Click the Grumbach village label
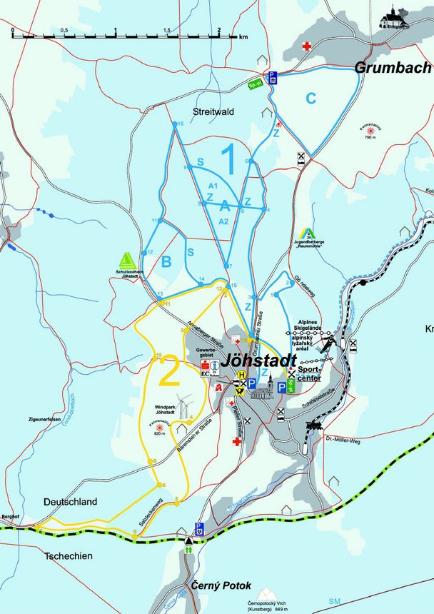pos(393,69)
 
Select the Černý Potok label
pos(221,585)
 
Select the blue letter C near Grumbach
pos(311,99)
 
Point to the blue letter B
pos(166,262)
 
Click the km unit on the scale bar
pos(243,35)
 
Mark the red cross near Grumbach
pos(307,46)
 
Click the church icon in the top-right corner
pos(395,18)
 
